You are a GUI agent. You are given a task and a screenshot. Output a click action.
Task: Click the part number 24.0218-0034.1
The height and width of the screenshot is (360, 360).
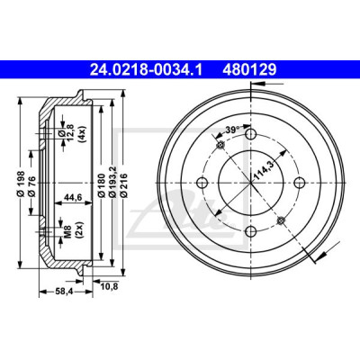click(147, 70)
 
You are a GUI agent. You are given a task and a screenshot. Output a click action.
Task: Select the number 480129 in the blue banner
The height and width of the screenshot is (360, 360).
click(249, 70)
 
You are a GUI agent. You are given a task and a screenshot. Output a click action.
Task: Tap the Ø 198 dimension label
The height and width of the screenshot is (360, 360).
click(21, 184)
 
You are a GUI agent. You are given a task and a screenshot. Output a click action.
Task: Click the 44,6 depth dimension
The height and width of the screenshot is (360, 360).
click(73, 196)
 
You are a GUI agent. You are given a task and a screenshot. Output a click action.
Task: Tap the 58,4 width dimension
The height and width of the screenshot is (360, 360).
click(65, 291)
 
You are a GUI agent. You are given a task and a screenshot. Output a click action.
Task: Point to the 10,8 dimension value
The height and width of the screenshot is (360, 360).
click(109, 286)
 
